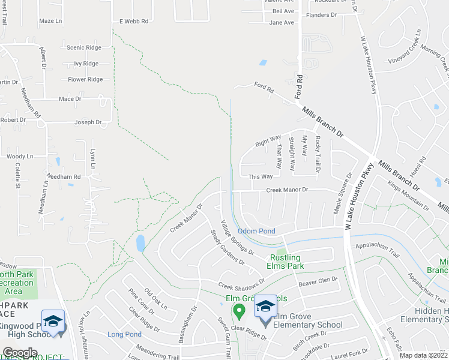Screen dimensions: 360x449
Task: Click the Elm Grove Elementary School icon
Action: pos(265,308)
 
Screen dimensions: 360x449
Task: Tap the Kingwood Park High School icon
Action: pos(53,319)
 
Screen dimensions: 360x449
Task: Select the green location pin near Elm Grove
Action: pos(239,311)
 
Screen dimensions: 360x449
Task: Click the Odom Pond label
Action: pos(256,231)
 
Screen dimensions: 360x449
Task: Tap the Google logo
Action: pos(20,353)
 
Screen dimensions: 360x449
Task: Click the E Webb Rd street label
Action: pos(133,21)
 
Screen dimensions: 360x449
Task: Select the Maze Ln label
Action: pos(50,21)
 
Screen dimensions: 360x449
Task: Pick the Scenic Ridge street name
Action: pos(84,47)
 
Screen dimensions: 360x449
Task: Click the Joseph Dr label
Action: pos(88,122)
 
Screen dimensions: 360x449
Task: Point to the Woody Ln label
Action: pos(20,157)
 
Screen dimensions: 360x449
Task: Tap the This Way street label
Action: pos(261,177)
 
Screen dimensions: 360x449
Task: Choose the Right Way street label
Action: pos(268,141)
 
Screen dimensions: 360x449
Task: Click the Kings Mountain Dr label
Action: pos(408,196)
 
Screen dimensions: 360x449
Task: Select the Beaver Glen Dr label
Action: pos(319,280)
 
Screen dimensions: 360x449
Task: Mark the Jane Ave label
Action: pos(282,23)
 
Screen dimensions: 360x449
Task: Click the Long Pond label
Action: pos(124,334)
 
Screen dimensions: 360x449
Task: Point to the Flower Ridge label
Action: pos(85,79)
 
